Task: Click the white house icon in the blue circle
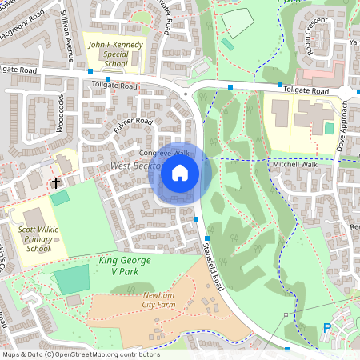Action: pyautogui.click(x=180, y=171)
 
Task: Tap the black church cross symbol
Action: pyautogui.click(x=56, y=183)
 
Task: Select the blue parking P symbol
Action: pyautogui.click(x=326, y=326)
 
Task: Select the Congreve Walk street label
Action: pyautogui.click(x=163, y=152)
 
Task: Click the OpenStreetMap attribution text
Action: pyautogui.click(x=80, y=354)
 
